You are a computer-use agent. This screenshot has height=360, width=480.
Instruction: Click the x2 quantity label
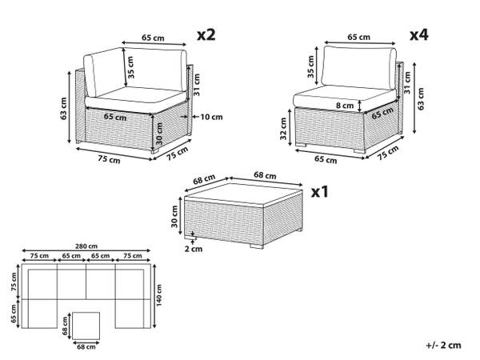click(x=206, y=35)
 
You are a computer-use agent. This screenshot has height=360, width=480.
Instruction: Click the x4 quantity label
click(x=418, y=35)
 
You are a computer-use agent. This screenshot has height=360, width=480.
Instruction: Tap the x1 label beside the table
click(x=319, y=192)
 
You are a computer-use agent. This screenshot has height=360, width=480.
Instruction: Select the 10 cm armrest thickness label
click(x=211, y=117)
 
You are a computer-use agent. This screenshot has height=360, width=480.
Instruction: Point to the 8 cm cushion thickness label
click(x=345, y=106)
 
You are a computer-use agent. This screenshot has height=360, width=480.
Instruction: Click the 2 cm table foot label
click(x=194, y=249)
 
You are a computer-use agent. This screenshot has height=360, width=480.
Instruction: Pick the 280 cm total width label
click(x=86, y=246)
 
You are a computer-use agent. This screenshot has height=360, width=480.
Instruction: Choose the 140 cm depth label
click(x=159, y=295)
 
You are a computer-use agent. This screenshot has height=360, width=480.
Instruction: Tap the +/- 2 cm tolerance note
click(x=443, y=346)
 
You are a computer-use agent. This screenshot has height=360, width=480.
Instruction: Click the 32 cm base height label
click(x=283, y=129)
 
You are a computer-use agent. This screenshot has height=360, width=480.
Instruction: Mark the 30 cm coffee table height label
click(x=174, y=217)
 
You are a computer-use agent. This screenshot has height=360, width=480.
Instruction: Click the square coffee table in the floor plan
click(x=86, y=326)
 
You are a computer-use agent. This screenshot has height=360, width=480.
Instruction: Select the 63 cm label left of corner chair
click(x=64, y=108)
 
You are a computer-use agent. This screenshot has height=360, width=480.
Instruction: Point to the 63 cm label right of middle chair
click(x=421, y=99)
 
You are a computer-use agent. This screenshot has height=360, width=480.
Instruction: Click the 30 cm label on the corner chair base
click(x=159, y=134)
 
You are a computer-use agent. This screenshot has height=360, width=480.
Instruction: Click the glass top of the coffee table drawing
click(x=244, y=194)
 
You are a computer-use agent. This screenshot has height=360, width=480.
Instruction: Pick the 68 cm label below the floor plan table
click(x=86, y=347)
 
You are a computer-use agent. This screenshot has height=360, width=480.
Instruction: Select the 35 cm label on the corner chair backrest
click(x=130, y=67)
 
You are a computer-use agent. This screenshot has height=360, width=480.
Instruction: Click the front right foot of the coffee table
click(x=257, y=246)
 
